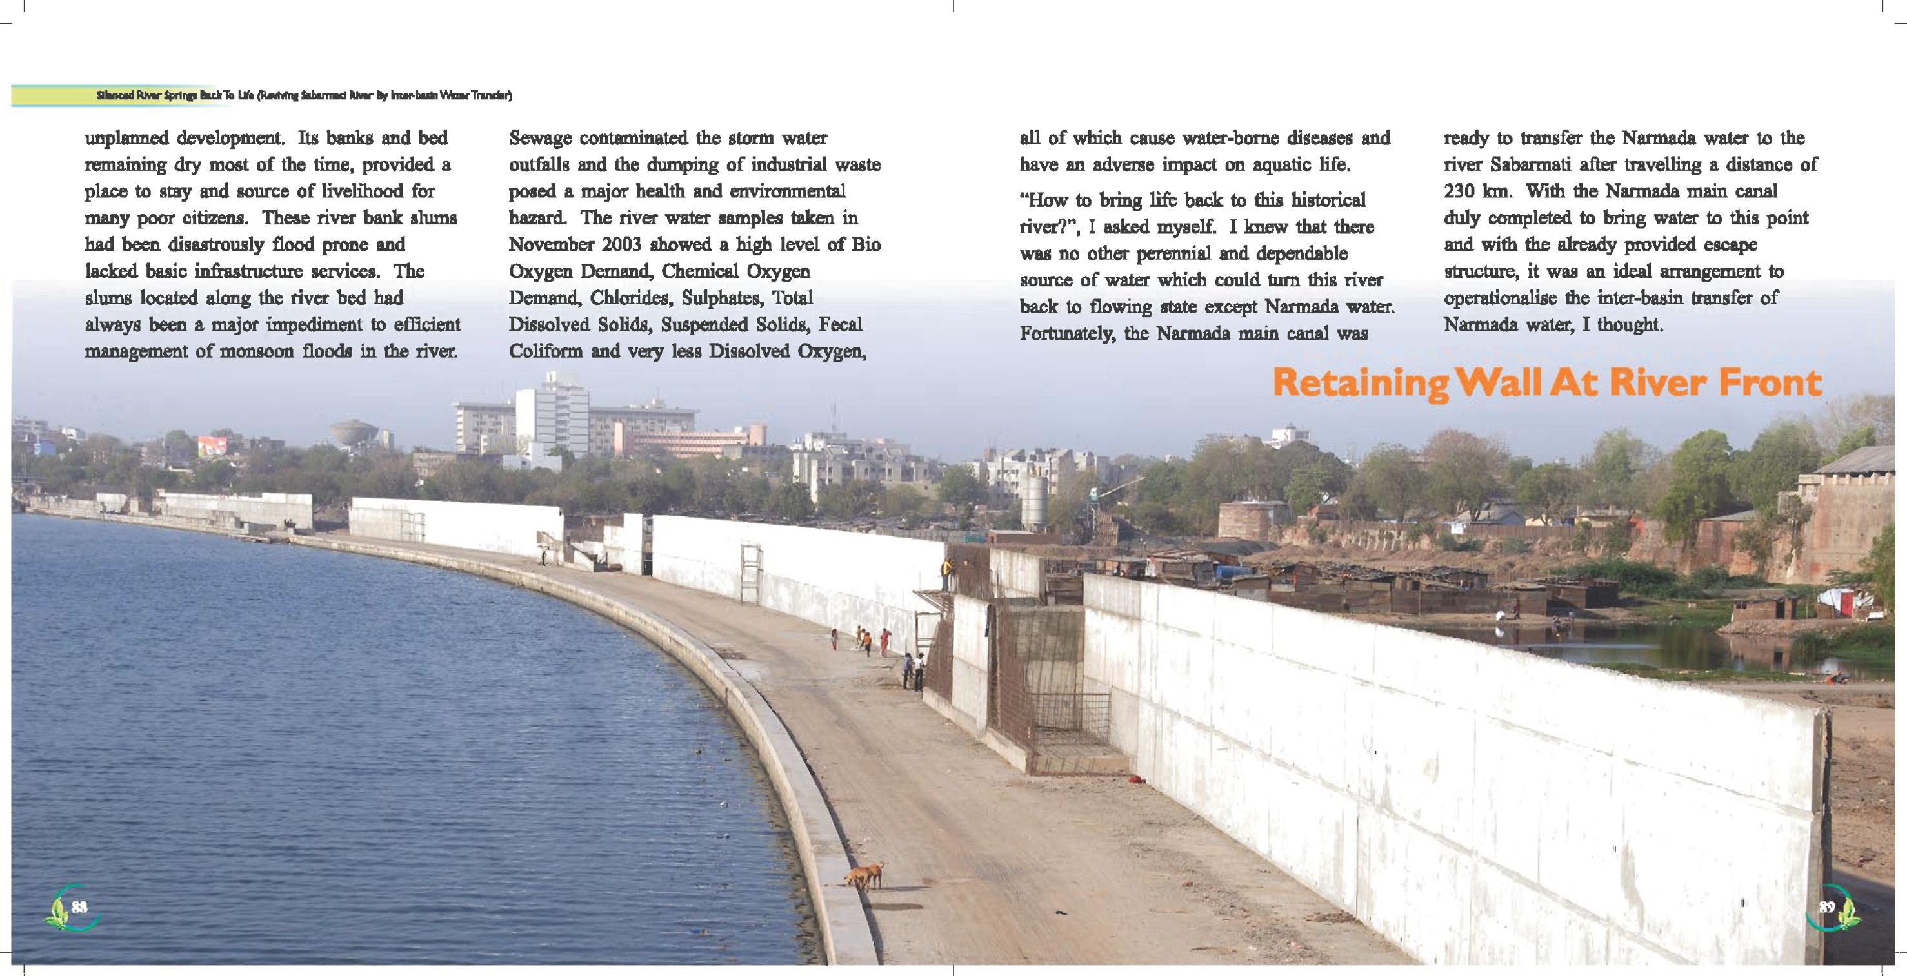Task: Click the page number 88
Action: (79, 907)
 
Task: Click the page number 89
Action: (1826, 907)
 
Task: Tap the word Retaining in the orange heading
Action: (1360, 384)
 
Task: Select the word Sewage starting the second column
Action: (541, 139)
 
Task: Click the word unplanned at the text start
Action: (126, 139)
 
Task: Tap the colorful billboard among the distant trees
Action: (212, 447)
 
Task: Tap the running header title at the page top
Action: (303, 95)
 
